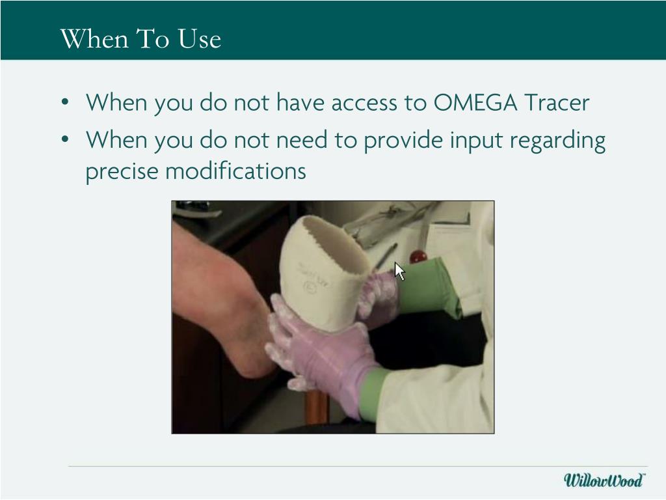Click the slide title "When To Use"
click(x=140, y=39)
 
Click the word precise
click(x=122, y=171)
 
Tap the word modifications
click(x=235, y=171)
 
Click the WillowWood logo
click(x=604, y=480)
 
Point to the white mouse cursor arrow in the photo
click(x=399, y=270)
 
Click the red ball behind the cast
click(x=417, y=255)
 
